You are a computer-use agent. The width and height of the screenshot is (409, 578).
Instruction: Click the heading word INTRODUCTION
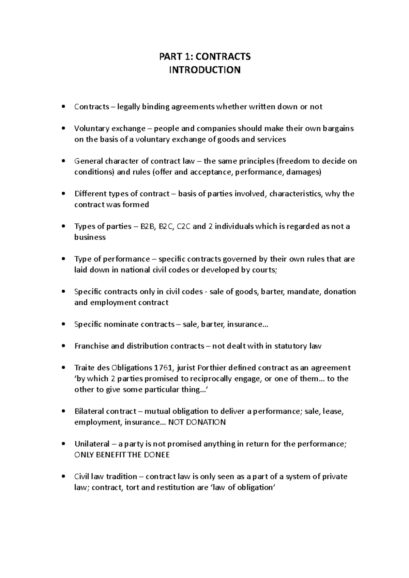pos(205,70)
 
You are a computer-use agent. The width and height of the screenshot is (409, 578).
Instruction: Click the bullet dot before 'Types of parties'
pos(63,226)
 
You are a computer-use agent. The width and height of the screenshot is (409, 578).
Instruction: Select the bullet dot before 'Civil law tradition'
pos(63,477)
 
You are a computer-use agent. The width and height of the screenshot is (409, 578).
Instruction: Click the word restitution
pos(176,487)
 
